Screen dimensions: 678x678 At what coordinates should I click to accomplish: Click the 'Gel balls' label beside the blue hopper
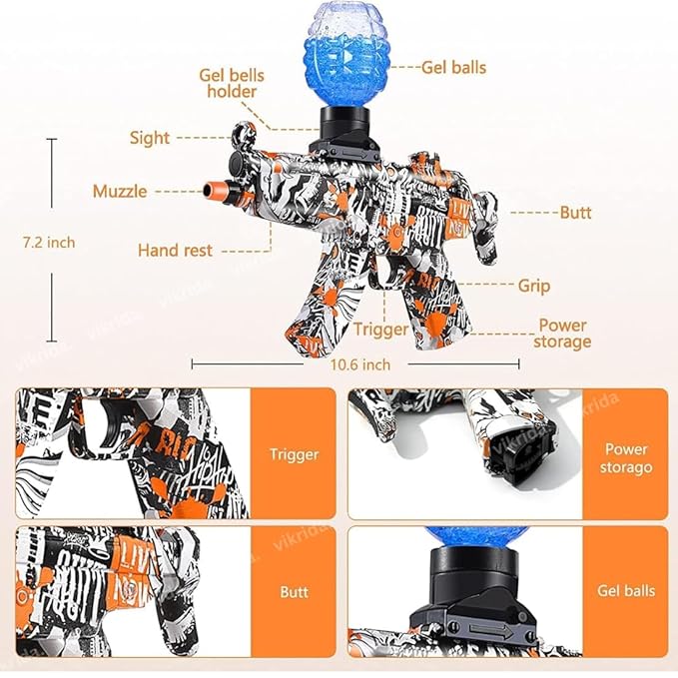(x=454, y=67)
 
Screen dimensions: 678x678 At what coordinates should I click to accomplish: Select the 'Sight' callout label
(x=150, y=138)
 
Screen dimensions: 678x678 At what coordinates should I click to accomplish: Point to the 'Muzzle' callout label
(x=120, y=191)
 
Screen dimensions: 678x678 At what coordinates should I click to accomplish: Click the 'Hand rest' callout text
(x=175, y=250)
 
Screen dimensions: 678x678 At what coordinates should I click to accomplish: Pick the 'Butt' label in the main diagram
(x=575, y=213)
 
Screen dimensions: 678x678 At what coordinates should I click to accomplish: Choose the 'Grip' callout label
(x=533, y=286)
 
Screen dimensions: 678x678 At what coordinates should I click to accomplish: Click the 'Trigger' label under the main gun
(x=380, y=329)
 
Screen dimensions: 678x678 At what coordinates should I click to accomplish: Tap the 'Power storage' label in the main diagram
(x=563, y=334)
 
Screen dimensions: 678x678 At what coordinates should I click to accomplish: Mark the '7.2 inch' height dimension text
(x=49, y=242)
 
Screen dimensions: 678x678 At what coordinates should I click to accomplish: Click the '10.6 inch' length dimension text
(x=359, y=364)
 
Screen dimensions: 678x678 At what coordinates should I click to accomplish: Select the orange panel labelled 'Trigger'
(x=294, y=454)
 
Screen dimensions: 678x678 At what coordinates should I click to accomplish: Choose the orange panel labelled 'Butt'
(x=294, y=591)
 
